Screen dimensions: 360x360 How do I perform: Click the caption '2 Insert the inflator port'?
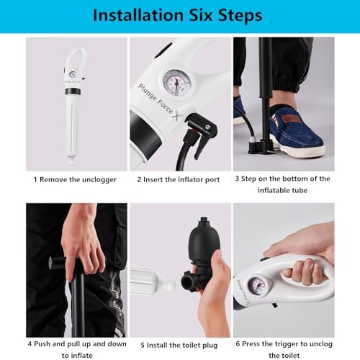click(179, 179)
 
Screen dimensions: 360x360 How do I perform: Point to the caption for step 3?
click(283, 184)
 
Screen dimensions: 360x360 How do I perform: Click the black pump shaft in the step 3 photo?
click(266, 79)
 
